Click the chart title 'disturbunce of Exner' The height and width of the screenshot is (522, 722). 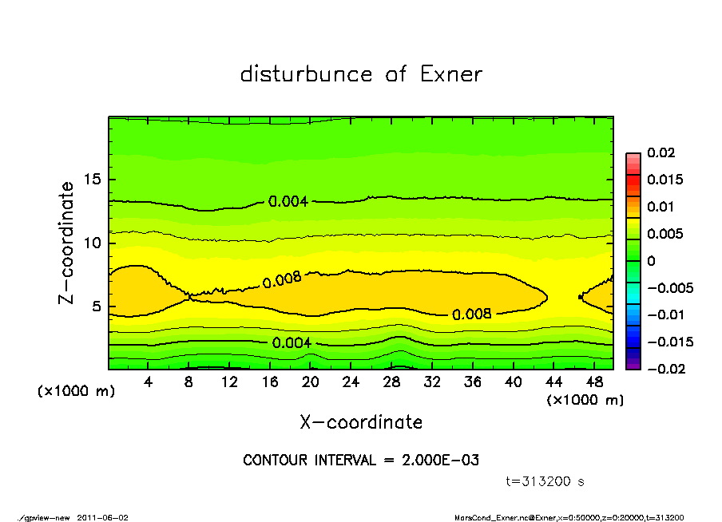361,74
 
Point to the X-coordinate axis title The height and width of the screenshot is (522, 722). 361,421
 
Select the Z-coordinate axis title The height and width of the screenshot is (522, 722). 67,242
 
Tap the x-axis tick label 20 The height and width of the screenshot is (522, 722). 311,382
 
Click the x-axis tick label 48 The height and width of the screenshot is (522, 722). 594,382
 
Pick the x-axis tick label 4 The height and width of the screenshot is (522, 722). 149,382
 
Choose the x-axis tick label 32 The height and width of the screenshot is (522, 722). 432,382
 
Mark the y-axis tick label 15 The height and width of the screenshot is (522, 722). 93,180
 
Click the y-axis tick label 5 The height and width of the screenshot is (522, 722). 97,306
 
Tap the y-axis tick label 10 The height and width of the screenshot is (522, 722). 93,243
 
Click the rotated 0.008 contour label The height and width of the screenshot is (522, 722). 282,279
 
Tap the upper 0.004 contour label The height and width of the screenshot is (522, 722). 288,201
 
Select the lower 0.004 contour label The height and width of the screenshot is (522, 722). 292,343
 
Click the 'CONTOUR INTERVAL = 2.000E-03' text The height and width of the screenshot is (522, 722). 361,461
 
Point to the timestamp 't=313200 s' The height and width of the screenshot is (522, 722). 545,481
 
